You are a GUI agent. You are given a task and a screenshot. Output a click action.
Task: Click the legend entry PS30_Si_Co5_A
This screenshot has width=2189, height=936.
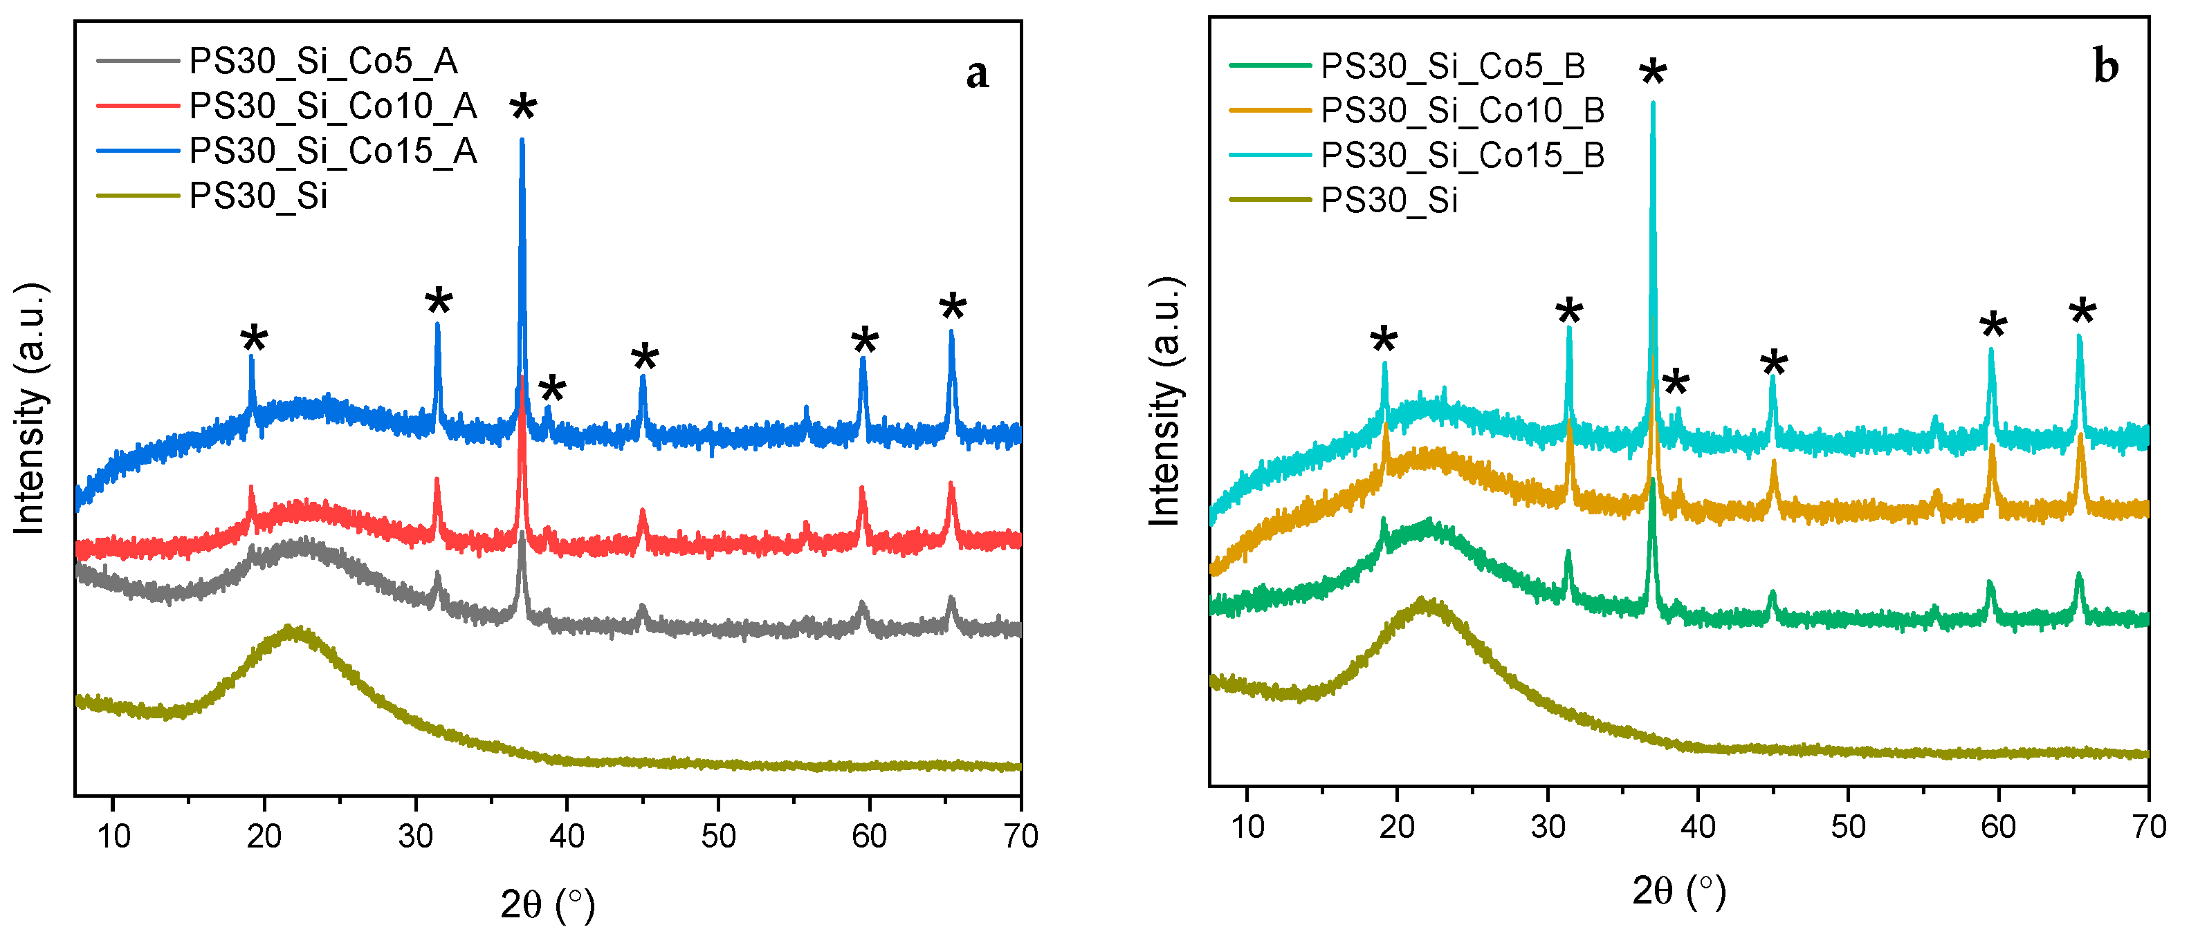point(323,61)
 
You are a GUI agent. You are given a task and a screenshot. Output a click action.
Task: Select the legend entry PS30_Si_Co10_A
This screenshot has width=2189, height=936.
point(332,106)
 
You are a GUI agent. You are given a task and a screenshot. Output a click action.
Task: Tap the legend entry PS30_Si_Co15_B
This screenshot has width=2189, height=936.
point(1462,156)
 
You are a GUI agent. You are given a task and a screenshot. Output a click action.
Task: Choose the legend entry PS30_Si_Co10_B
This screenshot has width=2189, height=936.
point(1462,111)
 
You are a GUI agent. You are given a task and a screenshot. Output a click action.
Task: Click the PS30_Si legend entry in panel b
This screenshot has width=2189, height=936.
point(1389,200)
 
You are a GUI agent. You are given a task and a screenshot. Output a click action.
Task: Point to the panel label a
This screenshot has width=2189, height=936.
point(977,74)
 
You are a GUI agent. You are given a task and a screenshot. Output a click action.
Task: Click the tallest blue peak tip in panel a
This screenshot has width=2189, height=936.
point(522,140)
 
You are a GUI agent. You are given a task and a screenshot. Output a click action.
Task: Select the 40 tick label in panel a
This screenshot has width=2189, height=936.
point(567,836)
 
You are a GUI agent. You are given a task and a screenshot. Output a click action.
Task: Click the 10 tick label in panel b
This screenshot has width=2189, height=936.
point(1247,827)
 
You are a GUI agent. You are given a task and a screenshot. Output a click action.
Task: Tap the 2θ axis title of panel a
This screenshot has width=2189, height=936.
point(547,905)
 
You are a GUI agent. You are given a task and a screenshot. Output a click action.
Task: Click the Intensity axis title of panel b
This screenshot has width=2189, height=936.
point(1166,401)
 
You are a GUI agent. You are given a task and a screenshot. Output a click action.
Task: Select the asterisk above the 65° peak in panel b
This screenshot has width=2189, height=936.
point(2082,313)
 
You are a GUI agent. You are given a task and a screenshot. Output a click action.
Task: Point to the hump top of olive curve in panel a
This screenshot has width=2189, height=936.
point(291,631)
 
